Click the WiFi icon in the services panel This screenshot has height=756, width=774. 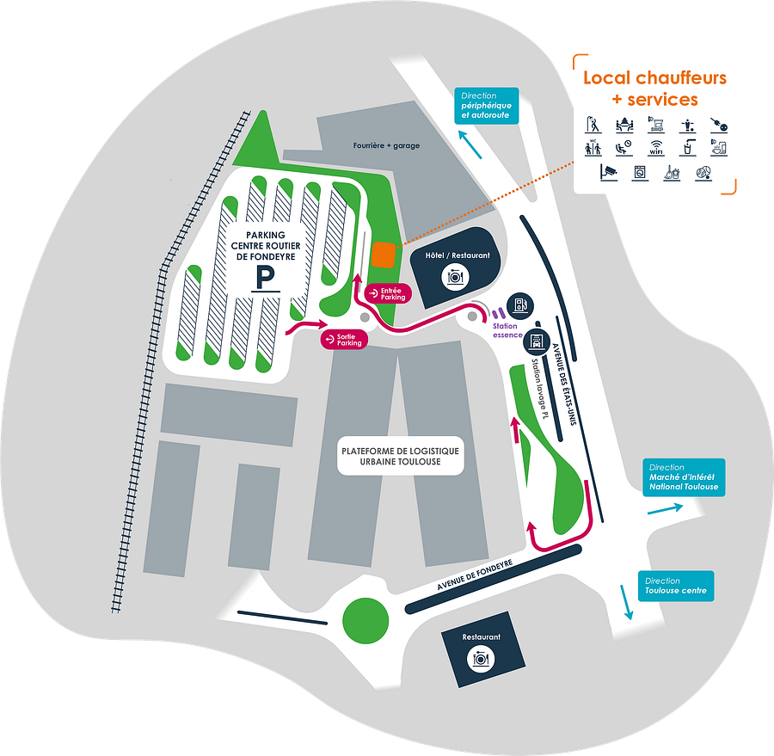point(656,148)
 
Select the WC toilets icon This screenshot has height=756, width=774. point(593,148)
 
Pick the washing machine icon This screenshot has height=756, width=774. point(639,173)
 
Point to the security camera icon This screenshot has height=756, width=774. point(609,172)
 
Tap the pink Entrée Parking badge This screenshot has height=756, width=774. point(388,293)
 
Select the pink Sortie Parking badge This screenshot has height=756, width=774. point(344,340)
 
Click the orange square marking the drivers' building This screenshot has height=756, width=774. point(384,255)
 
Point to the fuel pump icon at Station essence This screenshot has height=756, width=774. point(519,304)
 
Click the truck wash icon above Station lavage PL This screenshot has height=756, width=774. point(536,340)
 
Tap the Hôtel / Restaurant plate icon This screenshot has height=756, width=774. point(455,276)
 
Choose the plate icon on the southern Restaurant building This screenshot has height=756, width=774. point(481,659)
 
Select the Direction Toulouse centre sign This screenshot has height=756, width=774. point(675,586)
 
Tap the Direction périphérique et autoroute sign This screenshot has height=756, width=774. point(487,105)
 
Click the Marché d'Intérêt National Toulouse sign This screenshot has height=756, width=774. point(683,477)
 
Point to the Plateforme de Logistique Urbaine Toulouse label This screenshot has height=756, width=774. point(400,456)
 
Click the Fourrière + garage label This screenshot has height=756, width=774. point(386,145)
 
